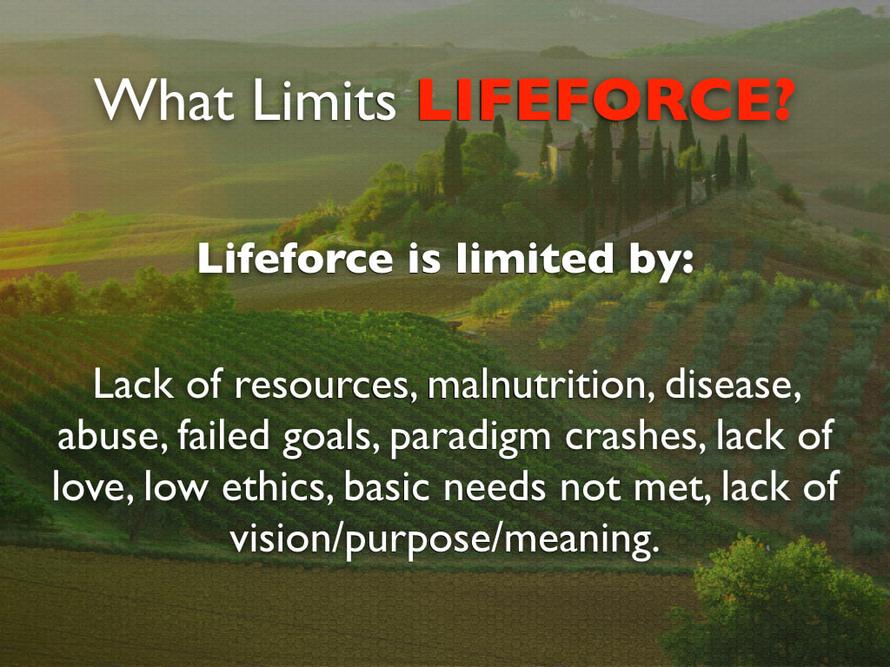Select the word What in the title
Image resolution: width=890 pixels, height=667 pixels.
pos(164,100)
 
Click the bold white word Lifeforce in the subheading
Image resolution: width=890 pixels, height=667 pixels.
pos(296,259)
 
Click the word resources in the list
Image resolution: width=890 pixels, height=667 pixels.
pos(322,386)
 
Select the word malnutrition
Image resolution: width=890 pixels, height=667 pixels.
pos(537,384)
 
